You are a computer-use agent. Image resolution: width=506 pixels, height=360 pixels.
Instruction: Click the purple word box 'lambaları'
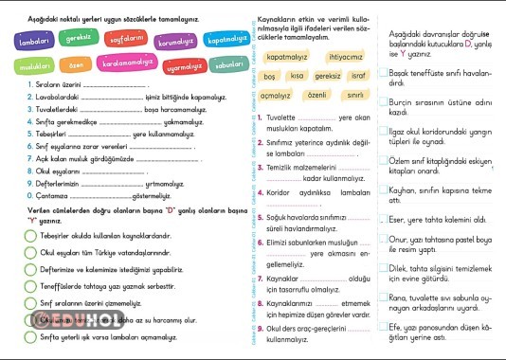pyautogui.click(x=33, y=43)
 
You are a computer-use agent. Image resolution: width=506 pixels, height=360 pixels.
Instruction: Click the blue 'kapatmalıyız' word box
pyautogui.click(x=227, y=42)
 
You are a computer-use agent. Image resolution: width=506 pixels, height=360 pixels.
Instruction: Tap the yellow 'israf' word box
pyautogui.click(x=357, y=76)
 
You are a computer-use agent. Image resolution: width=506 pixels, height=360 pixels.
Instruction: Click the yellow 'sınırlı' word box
pyautogui.click(x=356, y=96)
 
